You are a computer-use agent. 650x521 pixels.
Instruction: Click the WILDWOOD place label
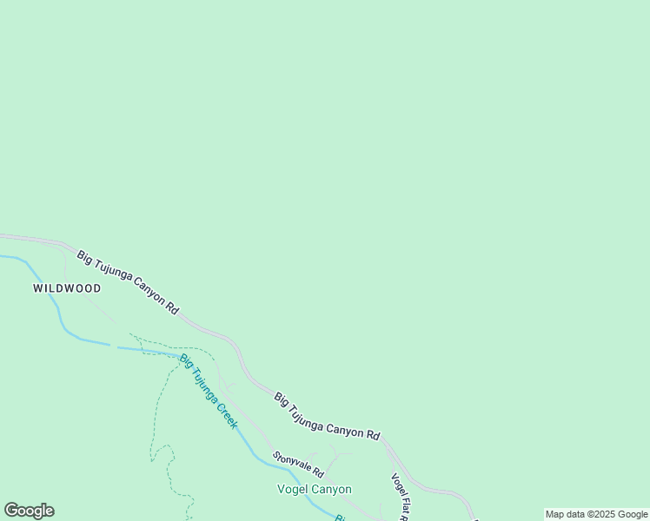[x=67, y=288]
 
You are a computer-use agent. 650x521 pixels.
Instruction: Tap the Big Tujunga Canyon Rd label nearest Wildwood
[x=128, y=282]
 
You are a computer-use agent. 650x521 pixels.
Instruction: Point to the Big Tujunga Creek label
[x=209, y=391]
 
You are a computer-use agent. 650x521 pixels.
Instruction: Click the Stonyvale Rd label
[x=298, y=465]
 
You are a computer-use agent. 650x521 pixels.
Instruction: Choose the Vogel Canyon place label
[x=314, y=489]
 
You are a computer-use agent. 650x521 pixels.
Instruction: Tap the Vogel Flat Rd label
[x=400, y=496]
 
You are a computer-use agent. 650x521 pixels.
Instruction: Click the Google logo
[x=29, y=511]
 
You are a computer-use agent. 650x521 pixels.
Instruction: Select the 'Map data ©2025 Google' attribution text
[x=596, y=514]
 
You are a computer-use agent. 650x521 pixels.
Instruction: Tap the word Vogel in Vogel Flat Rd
[x=396, y=483]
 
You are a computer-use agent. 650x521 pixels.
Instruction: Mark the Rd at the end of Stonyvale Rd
[x=318, y=474]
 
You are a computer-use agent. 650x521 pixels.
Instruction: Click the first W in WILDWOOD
[x=38, y=288]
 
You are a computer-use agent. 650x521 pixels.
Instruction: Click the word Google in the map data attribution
[x=633, y=514]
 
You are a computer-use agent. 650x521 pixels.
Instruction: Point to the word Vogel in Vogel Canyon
[x=293, y=489]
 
